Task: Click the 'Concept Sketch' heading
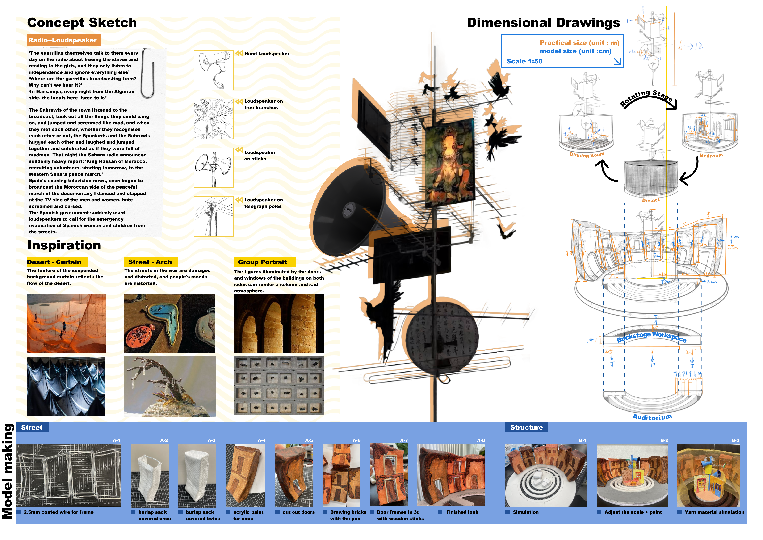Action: tap(82, 23)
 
